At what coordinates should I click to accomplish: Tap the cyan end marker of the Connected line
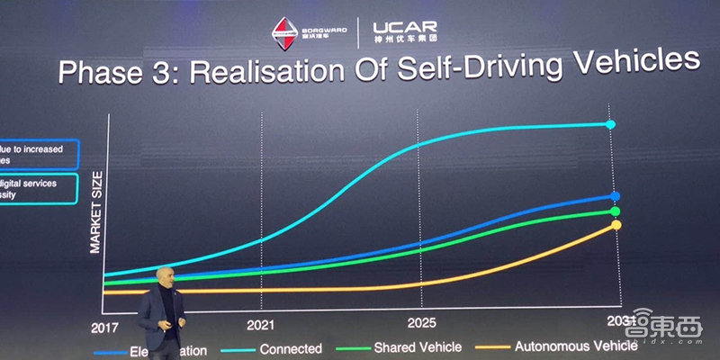pyautogui.click(x=611, y=124)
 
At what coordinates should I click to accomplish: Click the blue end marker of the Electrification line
pyautogui.click(x=615, y=195)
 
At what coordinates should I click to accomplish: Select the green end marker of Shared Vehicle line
pyautogui.click(x=616, y=211)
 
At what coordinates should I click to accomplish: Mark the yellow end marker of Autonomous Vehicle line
pyautogui.click(x=616, y=225)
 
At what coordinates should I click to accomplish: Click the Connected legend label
pyautogui.click(x=291, y=348)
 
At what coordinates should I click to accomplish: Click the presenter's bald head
pyautogui.click(x=163, y=275)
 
